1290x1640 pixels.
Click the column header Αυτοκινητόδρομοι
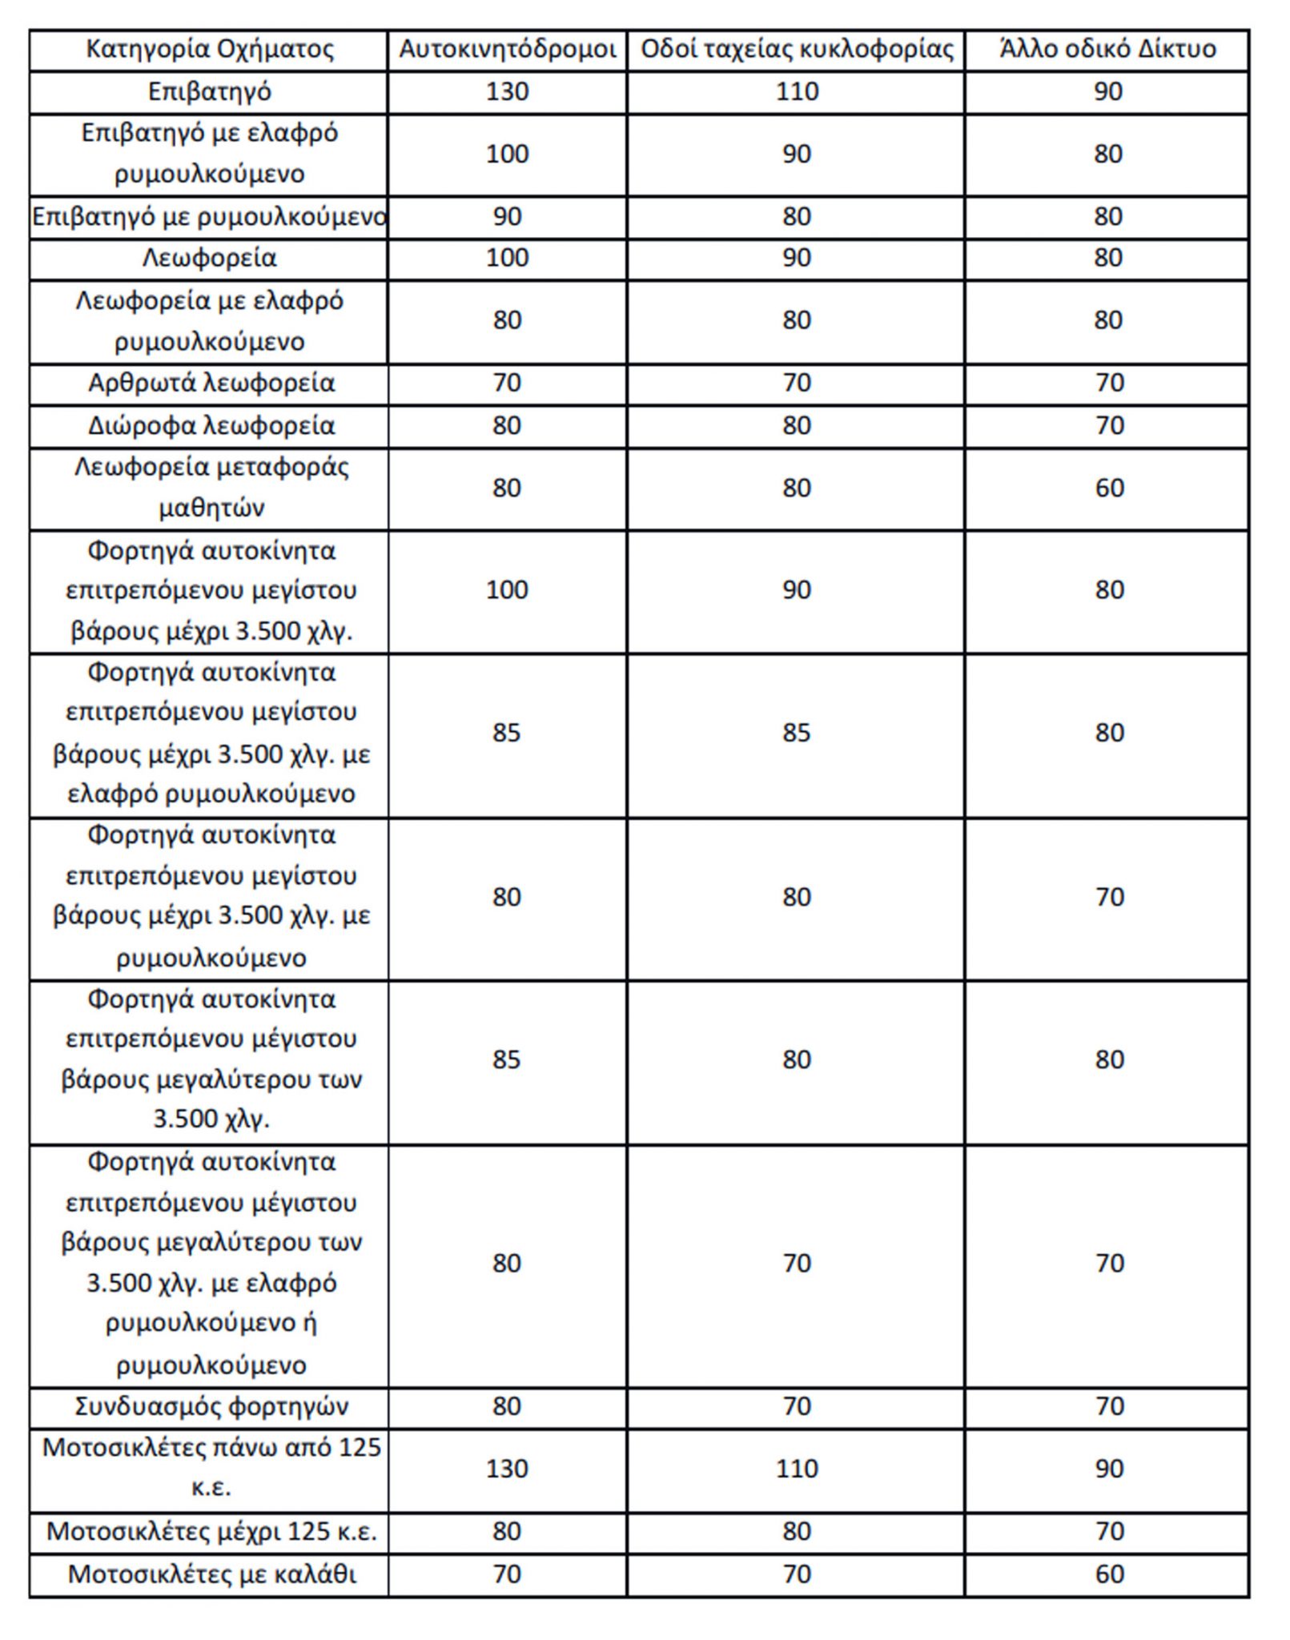tap(507, 50)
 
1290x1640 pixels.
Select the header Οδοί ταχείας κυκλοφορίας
tap(797, 50)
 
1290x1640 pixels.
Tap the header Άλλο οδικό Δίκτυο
tap(1107, 50)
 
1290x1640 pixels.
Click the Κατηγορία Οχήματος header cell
tap(209, 50)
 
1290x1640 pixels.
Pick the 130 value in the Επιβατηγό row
tap(507, 92)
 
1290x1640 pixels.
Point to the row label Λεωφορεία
tap(209, 259)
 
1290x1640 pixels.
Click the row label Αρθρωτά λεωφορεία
tap(211, 384)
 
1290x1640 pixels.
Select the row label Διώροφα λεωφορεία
tap(211, 426)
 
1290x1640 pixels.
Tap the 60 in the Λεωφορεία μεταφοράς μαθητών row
tap(1109, 488)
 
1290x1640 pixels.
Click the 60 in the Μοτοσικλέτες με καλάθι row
tap(1109, 1574)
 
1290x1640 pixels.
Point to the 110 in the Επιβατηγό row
tap(797, 92)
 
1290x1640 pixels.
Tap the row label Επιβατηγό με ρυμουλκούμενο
tap(209, 217)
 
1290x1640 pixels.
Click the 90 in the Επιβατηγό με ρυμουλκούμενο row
tap(507, 217)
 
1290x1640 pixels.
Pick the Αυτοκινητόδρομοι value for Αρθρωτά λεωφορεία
tap(507, 384)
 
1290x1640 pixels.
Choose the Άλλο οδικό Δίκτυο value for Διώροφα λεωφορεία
tap(1109, 426)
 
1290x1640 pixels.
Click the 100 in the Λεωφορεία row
tap(507, 259)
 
